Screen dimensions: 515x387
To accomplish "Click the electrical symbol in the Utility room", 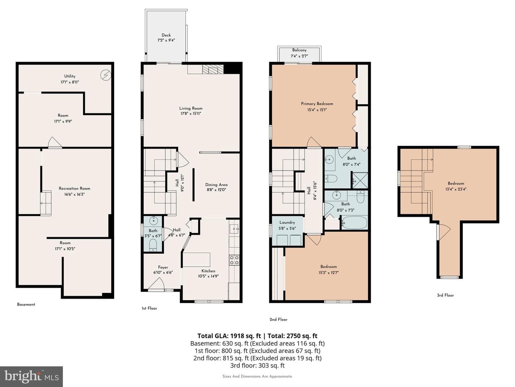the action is click(x=106, y=75).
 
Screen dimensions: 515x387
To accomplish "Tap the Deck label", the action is click(x=166, y=35).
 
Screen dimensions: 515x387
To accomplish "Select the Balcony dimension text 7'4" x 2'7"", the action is click(x=299, y=56).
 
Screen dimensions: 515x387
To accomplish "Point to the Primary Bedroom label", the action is click(x=317, y=104).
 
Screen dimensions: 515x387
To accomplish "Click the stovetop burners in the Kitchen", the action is click(x=234, y=260).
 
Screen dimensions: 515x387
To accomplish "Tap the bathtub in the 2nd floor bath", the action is click(x=354, y=223).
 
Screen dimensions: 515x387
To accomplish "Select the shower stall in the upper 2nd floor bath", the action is click(x=360, y=181).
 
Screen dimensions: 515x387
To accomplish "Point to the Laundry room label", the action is click(x=287, y=222).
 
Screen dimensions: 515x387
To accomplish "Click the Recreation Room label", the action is click(x=74, y=188).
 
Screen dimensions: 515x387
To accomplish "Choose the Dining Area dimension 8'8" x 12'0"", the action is click(x=216, y=190).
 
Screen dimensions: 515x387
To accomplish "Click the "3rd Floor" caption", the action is click(x=445, y=295).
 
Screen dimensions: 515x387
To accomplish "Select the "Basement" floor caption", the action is click(x=26, y=304).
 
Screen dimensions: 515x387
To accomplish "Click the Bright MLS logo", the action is click(x=31, y=376).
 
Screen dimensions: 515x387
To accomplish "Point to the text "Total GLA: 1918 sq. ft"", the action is click(x=229, y=336).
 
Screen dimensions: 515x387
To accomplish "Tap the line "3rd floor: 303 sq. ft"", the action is click(x=257, y=365).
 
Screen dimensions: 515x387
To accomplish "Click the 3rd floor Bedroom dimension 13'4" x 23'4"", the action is click(x=456, y=189).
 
